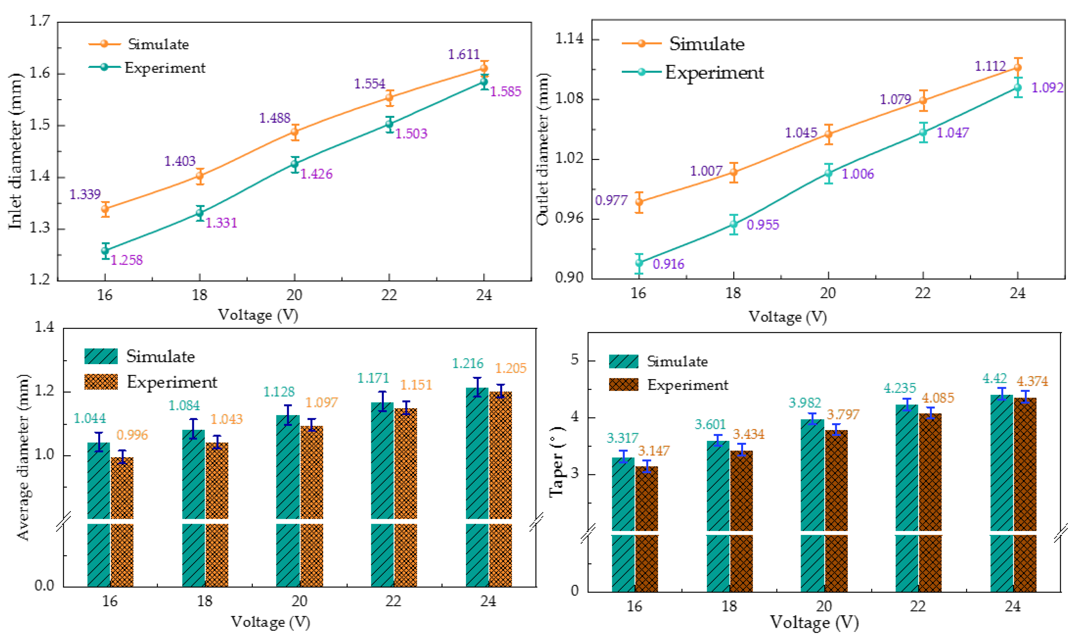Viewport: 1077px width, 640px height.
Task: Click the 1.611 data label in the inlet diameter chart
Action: pos(464,54)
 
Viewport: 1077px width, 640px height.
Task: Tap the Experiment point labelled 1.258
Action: pos(105,250)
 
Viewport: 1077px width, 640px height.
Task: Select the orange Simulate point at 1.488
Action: pos(295,132)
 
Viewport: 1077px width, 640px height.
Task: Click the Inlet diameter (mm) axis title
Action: pos(15,151)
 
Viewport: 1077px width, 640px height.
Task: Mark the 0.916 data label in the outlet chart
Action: pos(668,264)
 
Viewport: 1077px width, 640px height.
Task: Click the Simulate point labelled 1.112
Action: pos(1018,67)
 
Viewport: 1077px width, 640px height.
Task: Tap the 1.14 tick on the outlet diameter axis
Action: pos(568,39)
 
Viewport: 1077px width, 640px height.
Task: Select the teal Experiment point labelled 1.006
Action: pos(828,173)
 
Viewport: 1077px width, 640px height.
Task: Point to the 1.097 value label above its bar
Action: pos(321,402)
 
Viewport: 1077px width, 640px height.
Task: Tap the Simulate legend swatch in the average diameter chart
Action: pos(101,356)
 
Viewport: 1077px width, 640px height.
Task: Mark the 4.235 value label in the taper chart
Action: pos(899,388)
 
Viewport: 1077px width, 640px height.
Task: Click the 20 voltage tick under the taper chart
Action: pos(824,606)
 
